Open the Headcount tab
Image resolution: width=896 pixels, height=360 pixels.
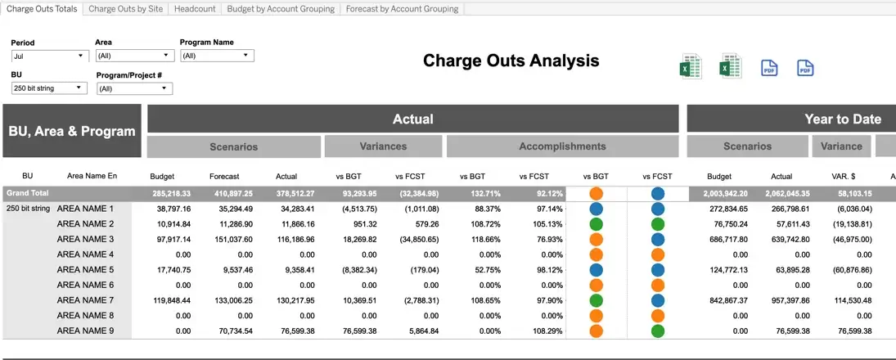click(195, 9)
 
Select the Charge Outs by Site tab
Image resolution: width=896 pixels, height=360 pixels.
click(126, 9)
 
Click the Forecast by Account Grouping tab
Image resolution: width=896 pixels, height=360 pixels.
click(403, 9)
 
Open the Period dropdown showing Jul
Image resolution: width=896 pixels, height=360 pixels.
click(50, 56)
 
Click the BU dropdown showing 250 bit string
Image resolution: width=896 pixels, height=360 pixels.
click(50, 88)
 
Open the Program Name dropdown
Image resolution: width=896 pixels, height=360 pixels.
click(217, 56)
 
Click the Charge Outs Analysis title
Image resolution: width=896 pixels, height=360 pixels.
click(511, 61)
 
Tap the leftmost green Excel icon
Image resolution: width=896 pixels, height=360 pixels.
click(691, 67)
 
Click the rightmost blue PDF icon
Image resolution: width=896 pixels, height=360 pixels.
click(805, 68)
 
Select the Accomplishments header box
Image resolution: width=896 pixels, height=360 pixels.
click(562, 146)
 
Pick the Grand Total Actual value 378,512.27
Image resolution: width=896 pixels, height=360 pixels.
click(295, 194)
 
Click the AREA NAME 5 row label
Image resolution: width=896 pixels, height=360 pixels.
click(86, 270)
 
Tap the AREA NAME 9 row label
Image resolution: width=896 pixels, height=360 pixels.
click(86, 331)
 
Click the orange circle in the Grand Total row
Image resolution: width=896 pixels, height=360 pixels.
click(596, 194)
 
